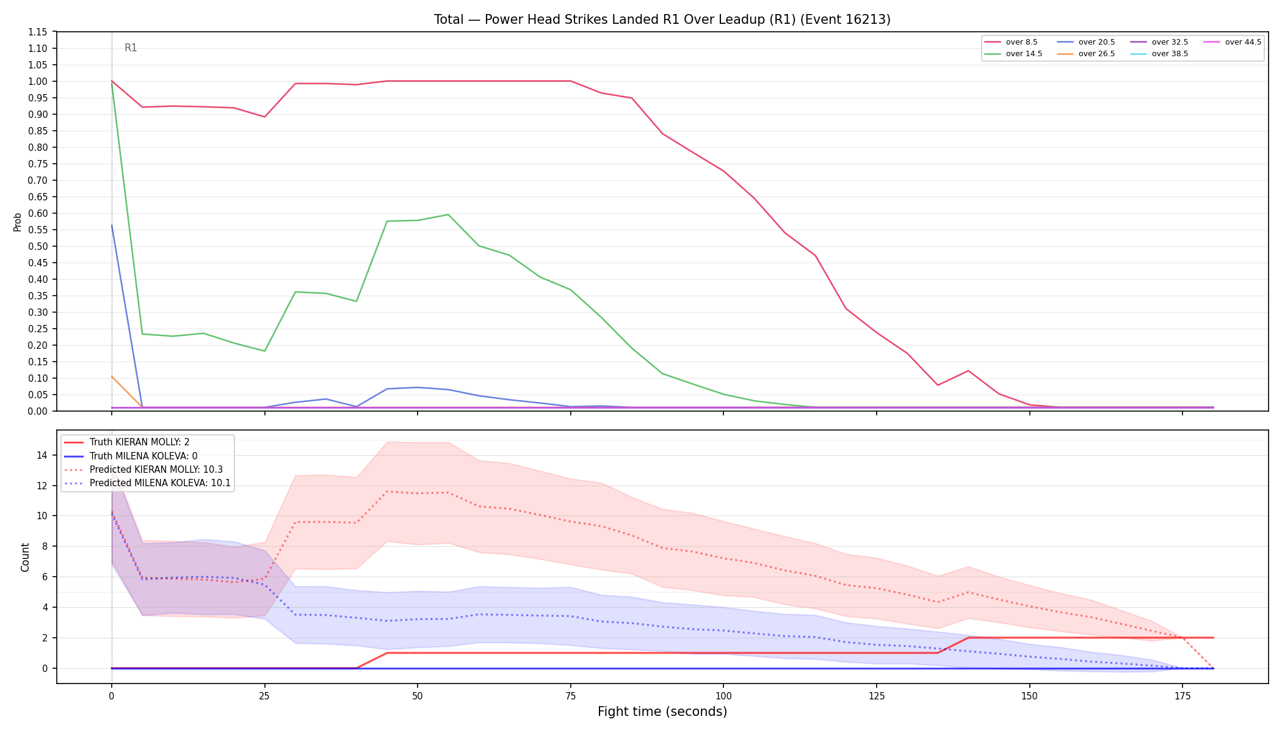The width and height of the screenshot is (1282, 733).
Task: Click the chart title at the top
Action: click(x=662, y=20)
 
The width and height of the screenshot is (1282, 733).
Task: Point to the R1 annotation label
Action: click(x=131, y=48)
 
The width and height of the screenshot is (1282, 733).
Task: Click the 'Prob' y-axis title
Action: click(x=18, y=222)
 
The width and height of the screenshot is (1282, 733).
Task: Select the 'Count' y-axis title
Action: click(x=25, y=557)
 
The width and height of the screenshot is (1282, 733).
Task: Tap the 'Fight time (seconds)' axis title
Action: click(x=662, y=712)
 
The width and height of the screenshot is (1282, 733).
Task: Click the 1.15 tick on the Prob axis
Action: click(x=38, y=32)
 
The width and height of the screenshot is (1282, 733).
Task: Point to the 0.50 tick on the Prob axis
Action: click(x=38, y=246)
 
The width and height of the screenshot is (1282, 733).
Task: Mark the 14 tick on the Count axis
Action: click(x=42, y=455)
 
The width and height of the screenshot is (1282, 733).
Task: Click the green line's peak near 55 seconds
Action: click(x=448, y=214)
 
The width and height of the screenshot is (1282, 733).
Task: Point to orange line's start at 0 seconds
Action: click(x=112, y=376)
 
